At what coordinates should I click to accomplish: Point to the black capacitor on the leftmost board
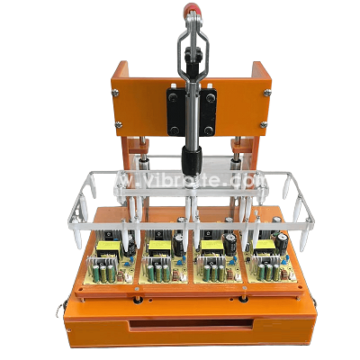131,245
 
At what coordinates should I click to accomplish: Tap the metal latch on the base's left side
60,310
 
